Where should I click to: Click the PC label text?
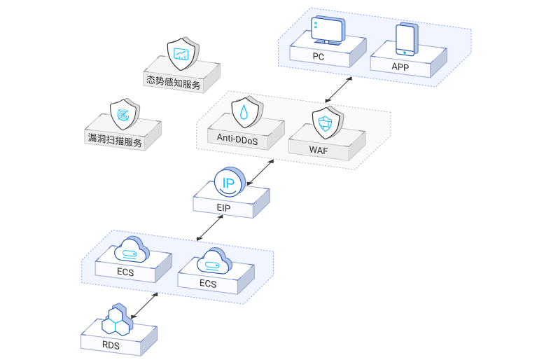pos(318,57)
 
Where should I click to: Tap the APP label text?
pos(400,67)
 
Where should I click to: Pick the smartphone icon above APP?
pos(406,39)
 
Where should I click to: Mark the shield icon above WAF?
pos(325,124)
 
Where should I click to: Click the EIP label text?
pos(224,208)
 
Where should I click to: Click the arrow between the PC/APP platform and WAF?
pos(340,90)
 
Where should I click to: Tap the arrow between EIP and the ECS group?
pos(209,226)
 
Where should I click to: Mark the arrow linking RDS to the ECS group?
pos(144,305)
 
